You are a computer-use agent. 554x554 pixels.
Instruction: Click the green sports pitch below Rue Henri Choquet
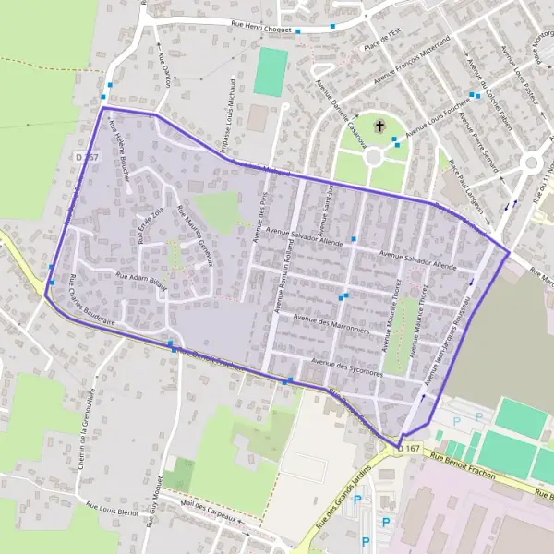[270, 72]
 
